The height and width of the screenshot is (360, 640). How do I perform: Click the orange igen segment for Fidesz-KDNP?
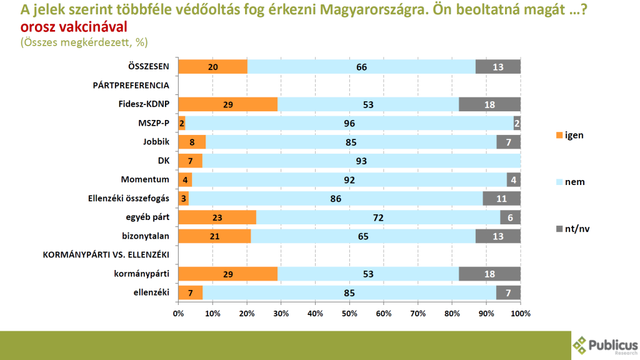[227, 104]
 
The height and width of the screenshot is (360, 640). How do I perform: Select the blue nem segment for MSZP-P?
[349, 123]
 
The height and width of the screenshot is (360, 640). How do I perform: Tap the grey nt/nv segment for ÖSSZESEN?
[498, 67]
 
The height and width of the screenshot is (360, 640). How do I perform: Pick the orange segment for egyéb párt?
[217, 217]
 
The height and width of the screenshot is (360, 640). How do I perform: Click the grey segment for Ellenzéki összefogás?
[501, 198]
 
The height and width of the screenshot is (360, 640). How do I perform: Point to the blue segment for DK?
[361, 161]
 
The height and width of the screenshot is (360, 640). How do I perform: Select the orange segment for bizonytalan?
[214, 236]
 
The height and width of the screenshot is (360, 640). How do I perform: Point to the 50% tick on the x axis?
[349, 312]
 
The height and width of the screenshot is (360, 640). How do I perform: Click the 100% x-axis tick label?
[520, 312]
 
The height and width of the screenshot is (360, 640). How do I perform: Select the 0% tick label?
[178, 312]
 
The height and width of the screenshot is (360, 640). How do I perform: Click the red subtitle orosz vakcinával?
[74, 27]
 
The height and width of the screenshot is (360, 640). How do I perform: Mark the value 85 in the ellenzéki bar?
[349, 292]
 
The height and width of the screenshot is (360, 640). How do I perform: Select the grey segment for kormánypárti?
[489, 273]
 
